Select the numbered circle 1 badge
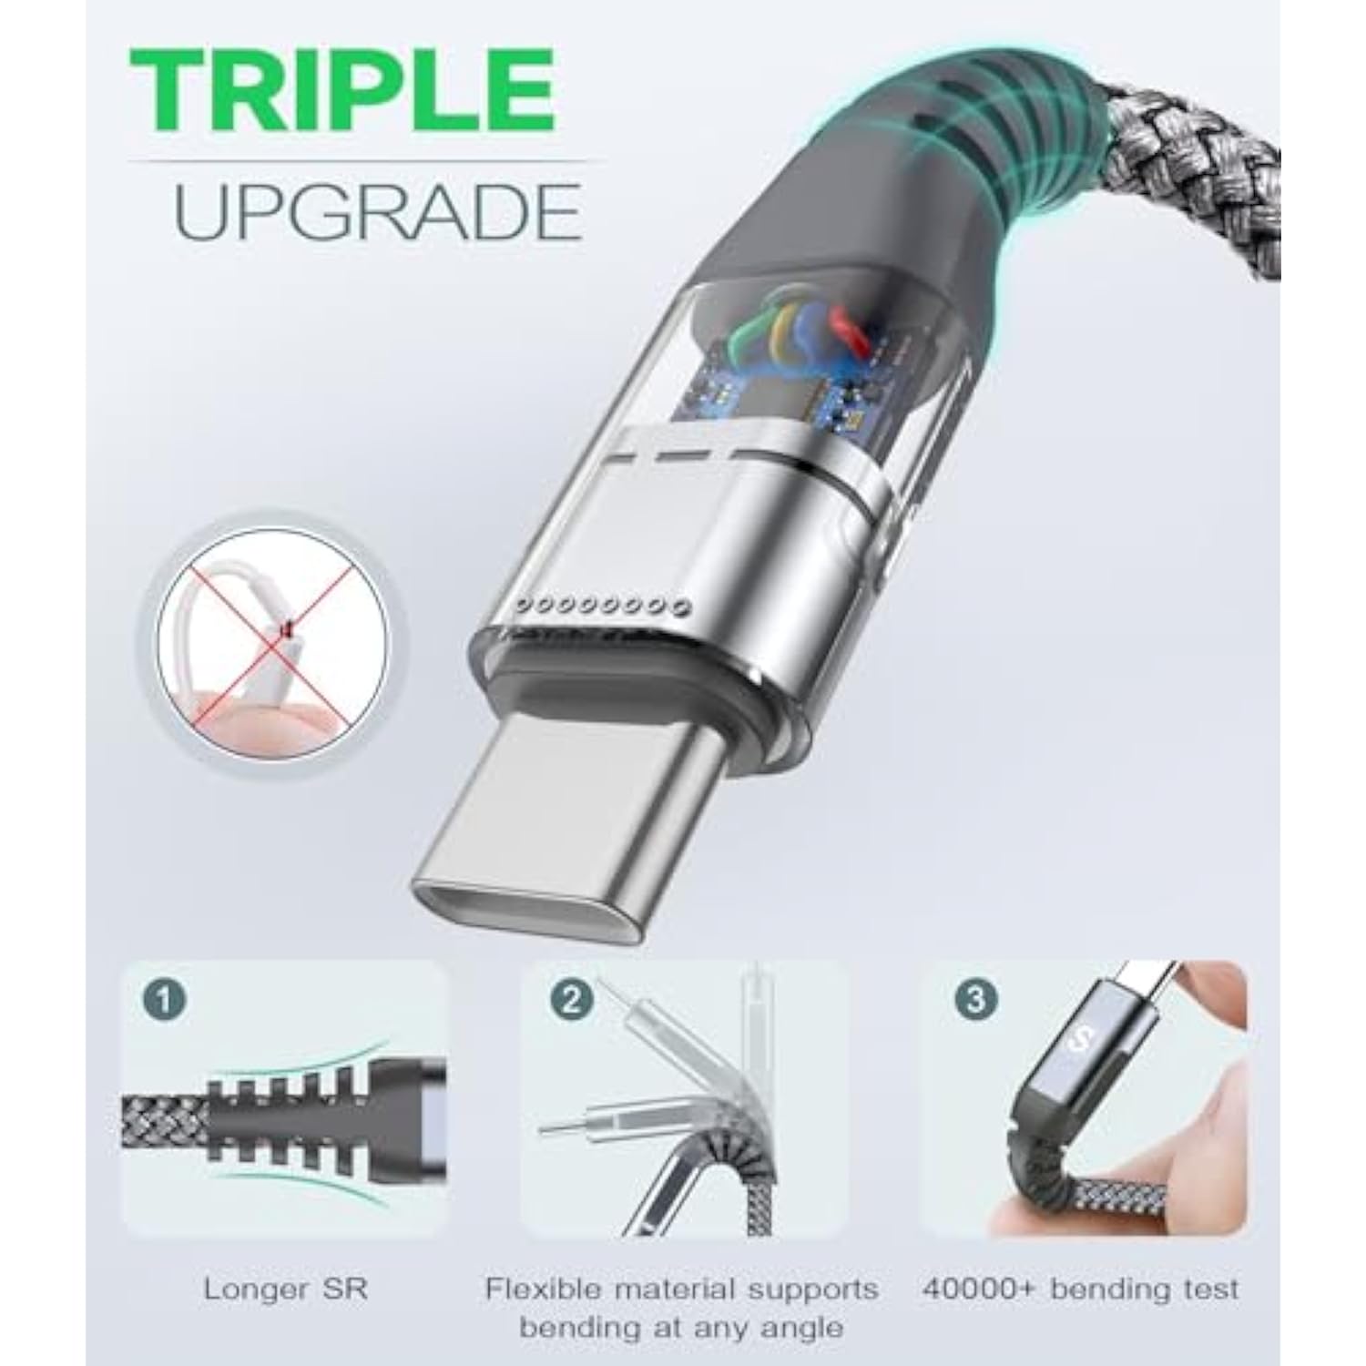pos(167,1001)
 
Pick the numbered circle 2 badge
pos(571,1001)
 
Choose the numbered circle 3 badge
pos(974,1001)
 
